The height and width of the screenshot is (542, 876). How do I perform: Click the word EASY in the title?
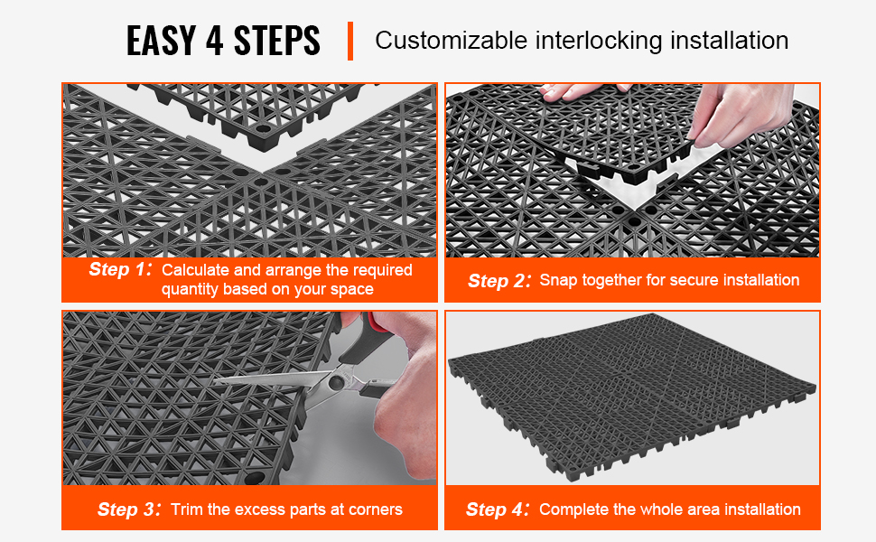(161, 41)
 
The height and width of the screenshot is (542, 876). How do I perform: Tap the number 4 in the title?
(215, 41)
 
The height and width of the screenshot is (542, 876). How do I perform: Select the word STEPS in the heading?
(277, 41)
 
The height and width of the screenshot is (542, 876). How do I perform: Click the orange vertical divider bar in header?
(350, 41)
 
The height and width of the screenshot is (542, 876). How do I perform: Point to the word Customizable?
(451, 41)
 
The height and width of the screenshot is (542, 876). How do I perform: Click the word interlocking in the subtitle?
(598, 42)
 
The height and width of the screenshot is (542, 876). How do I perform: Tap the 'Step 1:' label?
(120, 269)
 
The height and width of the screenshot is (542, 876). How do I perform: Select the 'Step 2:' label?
(499, 281)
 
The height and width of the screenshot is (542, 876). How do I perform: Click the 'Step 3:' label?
(129, 509)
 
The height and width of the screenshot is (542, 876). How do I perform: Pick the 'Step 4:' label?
(498, 509)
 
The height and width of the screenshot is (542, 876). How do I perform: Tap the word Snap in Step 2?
(559, 281)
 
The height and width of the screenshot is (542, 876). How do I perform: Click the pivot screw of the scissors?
(336, 382)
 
